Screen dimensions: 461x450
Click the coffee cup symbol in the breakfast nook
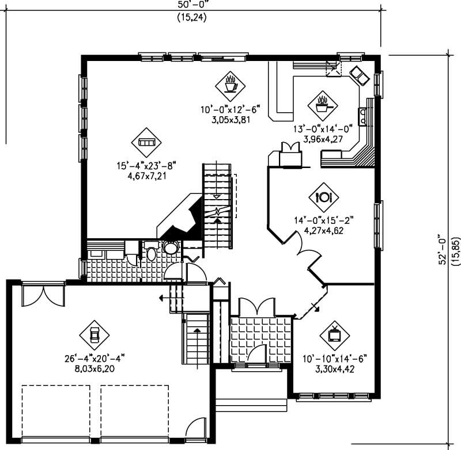click(230, 86)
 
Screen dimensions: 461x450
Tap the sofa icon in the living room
click(146, 142)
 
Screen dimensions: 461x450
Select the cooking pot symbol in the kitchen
click(323, 106)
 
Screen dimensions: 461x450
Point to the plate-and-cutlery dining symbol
click(324, 197)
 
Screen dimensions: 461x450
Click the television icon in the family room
click(335, 335)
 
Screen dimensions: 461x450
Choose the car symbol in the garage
click(94, 335)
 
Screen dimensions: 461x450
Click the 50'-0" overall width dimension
click(192, 4)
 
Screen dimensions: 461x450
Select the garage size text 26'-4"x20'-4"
click(95, 359)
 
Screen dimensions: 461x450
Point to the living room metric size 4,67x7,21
click(147, 176)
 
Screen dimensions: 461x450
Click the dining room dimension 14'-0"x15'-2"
click(324, 220)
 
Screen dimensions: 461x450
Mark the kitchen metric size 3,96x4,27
click(323, 139)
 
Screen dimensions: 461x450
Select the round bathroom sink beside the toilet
click(170, 247)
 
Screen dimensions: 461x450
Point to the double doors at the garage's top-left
click(43, 296)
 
